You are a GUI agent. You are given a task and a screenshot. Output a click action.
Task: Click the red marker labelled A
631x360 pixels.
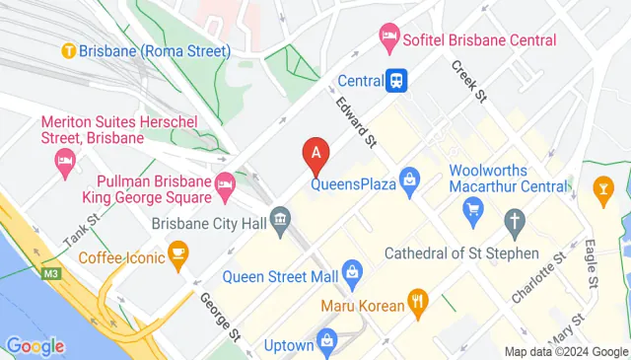(x=315, y=154)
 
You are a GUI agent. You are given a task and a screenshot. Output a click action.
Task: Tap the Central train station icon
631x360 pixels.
(x=396, y=80)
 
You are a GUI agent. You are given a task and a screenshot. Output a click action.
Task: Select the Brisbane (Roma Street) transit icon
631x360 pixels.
(x=69, y=50)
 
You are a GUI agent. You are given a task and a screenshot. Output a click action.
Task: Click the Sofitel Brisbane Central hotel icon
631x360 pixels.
(x=389, y=40)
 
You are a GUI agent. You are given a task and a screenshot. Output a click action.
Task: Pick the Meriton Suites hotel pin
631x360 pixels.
(x=65, y=162)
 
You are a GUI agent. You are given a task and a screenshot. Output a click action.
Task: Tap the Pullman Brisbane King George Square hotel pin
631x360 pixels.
(x=226, y=182)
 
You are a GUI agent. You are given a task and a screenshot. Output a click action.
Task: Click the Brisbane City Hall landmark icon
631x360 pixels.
(x=280, y=216)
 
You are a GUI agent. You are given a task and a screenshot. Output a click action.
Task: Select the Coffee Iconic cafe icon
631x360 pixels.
(x=177, y=258)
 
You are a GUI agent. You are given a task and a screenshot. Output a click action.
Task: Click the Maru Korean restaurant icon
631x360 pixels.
(x=418, y=305)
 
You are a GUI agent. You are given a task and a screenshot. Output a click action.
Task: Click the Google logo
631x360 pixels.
(x=35, y=345)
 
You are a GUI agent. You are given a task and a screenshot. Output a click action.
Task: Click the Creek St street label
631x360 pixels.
(x=469, y=81)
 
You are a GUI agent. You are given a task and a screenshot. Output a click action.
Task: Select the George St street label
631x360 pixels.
(x=220, y=313)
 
